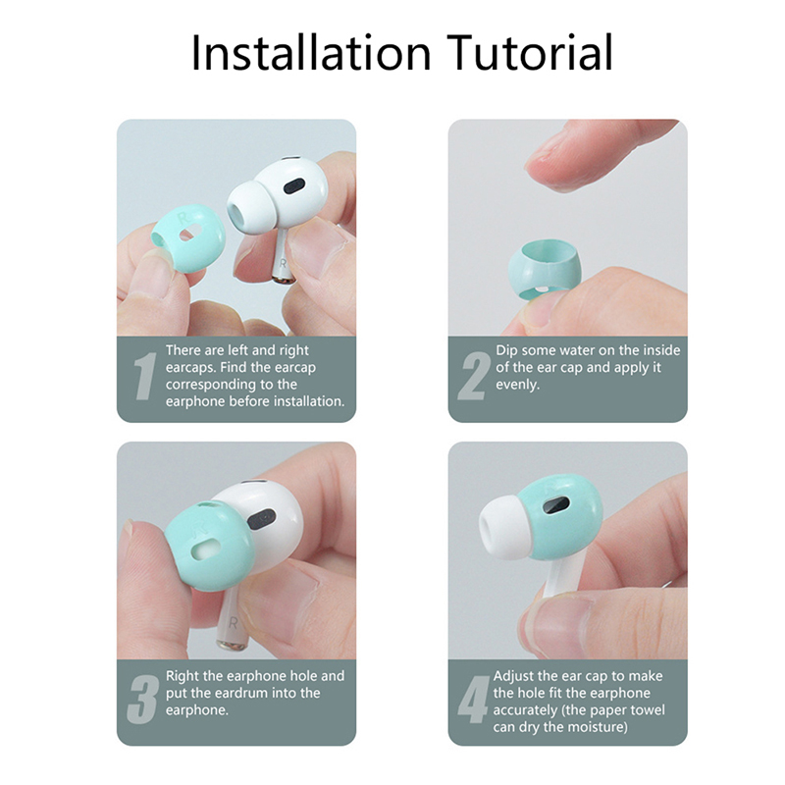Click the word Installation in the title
tap(311, 53)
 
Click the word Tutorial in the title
tap(530, 53)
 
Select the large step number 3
tap(143, 700)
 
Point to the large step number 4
tap(474, 700)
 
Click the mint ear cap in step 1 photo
tap(188, 238)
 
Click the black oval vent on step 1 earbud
tap(294, 186)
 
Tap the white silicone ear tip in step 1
tap(252, 208)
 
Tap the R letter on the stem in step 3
tap(234, 623)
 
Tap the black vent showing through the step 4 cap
tap(556, 506)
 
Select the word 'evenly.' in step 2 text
tap(518, 385)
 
